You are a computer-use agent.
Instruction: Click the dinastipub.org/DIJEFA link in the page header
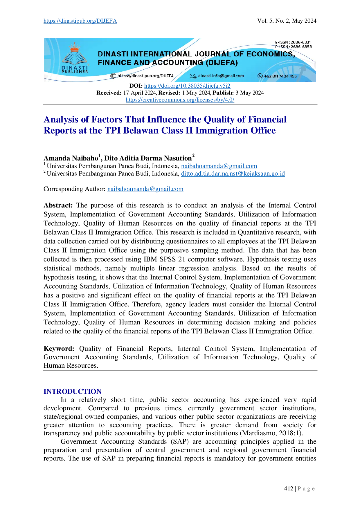(x=80, y=21)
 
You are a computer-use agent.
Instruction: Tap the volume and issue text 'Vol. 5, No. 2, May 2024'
(x=287, y=21)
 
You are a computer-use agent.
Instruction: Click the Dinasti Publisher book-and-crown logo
(x=75, y=58)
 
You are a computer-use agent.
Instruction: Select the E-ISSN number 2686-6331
(x=301, y=42)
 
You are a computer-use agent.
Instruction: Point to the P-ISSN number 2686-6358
(x=301, y=47)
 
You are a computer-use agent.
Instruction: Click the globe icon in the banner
(x=113, y=76)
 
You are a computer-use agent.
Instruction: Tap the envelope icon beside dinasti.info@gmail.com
(x=193, y=76)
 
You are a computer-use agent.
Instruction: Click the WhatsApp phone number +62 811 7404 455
(x=280, y=76)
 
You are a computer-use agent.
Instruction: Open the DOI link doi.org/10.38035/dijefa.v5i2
(x=187, y=86)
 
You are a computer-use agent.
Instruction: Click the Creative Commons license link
(x=180, y=100)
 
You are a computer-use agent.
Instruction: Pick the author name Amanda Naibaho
(x=71, y=158)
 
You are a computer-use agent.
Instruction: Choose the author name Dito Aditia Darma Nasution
(x=148, y=158)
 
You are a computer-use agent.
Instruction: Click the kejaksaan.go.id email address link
(x=233, y=174)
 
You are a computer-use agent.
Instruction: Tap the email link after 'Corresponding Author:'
(x=145, y=189)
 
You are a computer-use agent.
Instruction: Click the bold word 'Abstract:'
(x=58, y=205)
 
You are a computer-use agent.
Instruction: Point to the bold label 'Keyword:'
(x=59, y=349)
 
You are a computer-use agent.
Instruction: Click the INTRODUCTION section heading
(x=73, y=391)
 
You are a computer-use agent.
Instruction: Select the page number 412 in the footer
(x=289, y=489)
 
